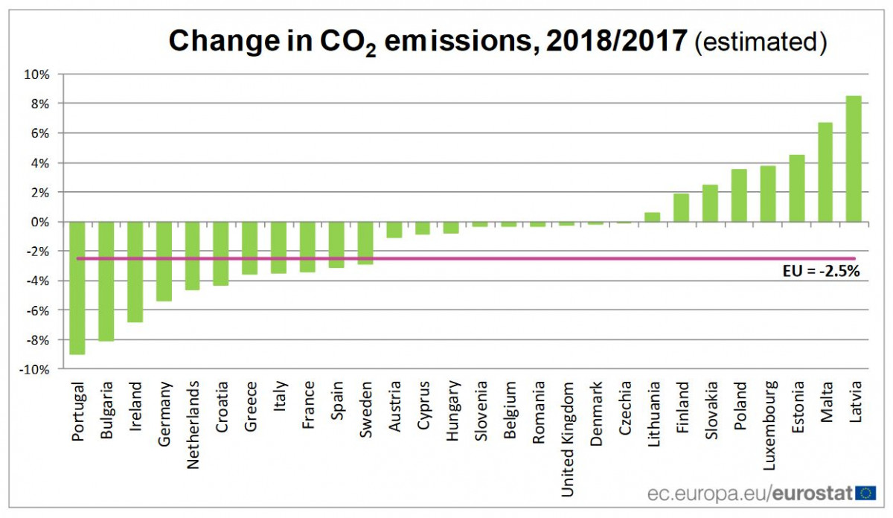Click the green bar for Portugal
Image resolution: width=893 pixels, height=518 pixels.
(77, 288)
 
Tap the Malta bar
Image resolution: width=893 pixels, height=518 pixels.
(825, 172)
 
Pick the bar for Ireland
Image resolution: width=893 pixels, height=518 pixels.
(135, 272)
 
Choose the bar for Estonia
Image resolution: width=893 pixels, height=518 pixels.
(796, 188)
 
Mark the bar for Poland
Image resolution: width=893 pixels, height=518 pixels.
(739, 196)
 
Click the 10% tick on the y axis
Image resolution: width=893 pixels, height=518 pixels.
(36, 74)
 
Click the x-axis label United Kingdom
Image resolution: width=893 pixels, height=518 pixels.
(569, 439)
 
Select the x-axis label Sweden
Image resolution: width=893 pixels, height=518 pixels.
(366, 409)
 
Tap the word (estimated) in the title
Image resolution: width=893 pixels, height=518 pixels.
(761, 42)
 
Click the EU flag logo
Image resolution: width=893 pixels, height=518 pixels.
(865, 492)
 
